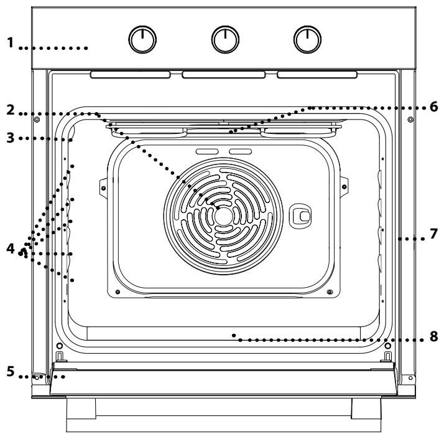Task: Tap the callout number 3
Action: [10, 138]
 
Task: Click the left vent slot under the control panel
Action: [131, 75]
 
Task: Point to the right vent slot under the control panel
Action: [317, 75]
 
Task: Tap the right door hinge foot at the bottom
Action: [366, 415]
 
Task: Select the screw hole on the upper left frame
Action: [37, 119]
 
